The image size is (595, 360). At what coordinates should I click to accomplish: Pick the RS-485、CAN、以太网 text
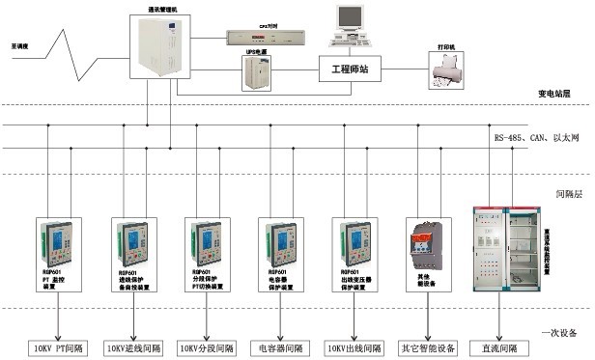coord(536,139)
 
